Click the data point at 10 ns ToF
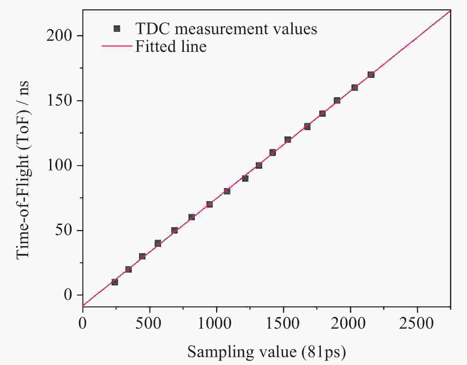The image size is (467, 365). [115, 282]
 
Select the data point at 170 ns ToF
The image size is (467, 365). [371, 75]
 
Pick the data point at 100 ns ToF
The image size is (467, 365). [259, 165]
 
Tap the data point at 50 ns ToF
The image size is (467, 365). [174, 230]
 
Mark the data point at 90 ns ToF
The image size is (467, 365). [245, 178]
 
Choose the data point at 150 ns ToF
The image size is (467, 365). [337, 100]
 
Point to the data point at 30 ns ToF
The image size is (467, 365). [142, 256]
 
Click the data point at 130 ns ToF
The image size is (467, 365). [307, 126]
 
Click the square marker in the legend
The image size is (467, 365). [117, 29]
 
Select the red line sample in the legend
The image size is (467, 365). [116, 46]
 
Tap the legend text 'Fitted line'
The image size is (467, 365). [171, 46]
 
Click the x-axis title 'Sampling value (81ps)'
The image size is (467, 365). [266, 352]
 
